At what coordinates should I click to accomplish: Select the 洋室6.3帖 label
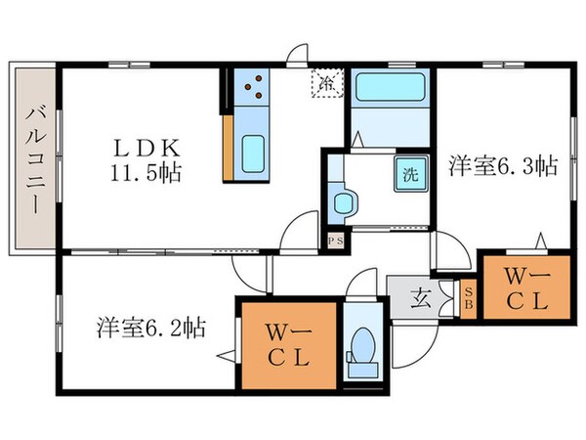[503, 166]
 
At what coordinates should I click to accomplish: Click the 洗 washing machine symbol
[411, 176]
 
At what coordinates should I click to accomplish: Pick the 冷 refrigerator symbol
[326, 84]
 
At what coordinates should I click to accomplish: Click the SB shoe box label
[469, 298]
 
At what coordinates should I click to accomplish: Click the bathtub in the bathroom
[389, 94]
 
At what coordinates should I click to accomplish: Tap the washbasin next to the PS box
[344, 202]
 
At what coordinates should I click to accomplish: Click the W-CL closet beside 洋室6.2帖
[288, 347]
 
